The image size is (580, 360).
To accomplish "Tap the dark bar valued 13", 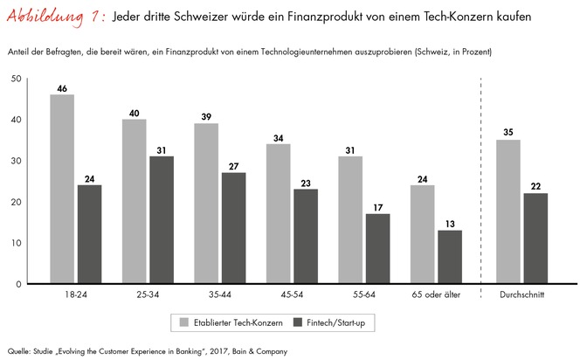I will tap(449, 257).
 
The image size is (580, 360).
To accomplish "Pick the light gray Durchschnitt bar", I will tap(507, 211).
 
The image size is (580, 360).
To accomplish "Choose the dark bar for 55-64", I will tap(378, 249).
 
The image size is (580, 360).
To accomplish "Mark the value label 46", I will tap(62, 88).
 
